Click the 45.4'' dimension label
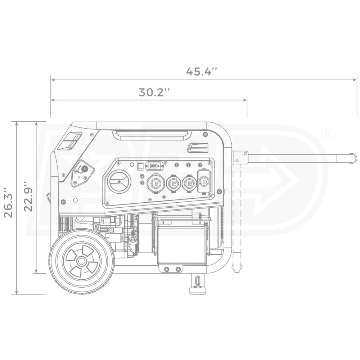(202, 71)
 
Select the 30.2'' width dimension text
(154, 92)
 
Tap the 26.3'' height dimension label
(8, 202)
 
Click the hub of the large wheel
(82, 261)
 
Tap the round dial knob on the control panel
(119, 181)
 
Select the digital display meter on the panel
(154, 166)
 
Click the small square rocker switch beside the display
(141, 166)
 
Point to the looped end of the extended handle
(353, 158)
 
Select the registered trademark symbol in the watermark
(327, 134)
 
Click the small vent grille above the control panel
(198, 148)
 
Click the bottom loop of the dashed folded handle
(237, 268)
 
